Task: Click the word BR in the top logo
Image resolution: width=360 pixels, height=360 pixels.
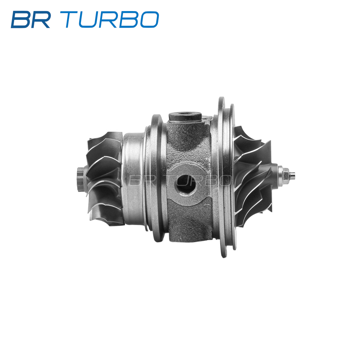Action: click(x=31, y=19)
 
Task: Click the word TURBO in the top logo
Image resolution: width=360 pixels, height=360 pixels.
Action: click(x=112, y=19)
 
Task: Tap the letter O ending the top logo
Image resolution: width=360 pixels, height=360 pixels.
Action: click(x=149, y=19)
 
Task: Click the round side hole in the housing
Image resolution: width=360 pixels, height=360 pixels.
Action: click(x=185, y=184)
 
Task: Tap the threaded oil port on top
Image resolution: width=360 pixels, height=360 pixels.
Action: click(x=185, y=117)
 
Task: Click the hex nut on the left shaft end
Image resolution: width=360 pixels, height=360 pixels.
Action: click(x=81, y=179)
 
